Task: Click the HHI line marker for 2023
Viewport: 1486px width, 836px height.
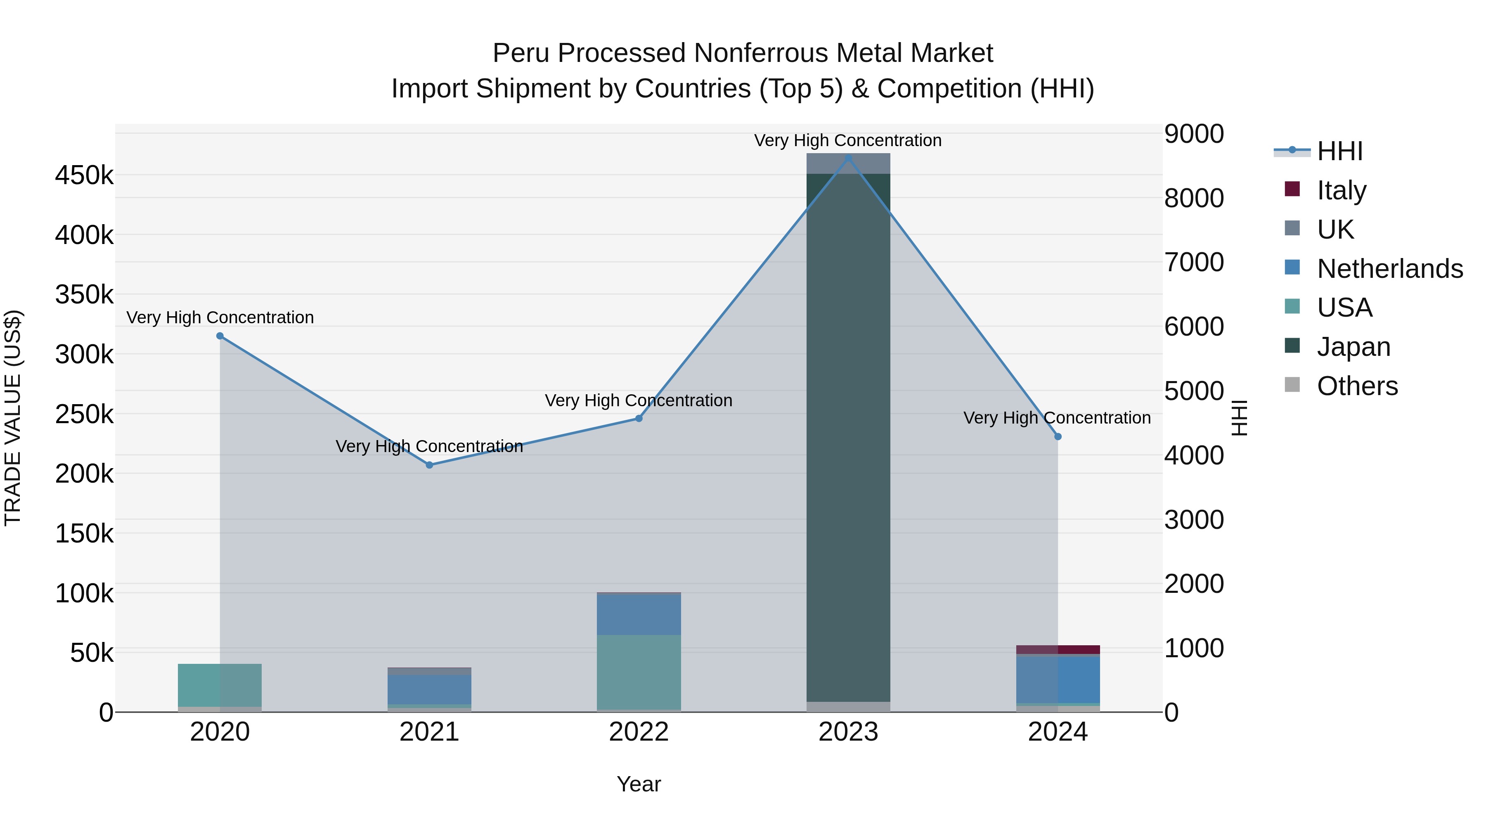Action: [x=848, y=158]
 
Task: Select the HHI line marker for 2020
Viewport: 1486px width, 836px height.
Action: [x=220, y=336]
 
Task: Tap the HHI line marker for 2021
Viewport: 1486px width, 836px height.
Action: [x=429, y=465]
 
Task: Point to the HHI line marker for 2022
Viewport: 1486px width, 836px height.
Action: [x=639, y=418]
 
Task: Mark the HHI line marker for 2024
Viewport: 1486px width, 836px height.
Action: [x=1058, y=437]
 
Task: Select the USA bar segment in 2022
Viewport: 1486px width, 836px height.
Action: [x=639, y=672]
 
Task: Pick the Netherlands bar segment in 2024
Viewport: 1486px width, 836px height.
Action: [x=1058, y=680]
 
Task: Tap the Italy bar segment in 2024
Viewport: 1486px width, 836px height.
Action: [x=1058, y=650]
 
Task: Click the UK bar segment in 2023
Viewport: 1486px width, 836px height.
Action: [x=848, y=163]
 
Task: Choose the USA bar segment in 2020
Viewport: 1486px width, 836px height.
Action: [x=220, y=685]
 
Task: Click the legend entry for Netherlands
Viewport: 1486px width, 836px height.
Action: [x=1390, y=269]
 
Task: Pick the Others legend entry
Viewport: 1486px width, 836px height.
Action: [x=1357, y=386]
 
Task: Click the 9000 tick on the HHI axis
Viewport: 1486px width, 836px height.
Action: [x=1193, y=134]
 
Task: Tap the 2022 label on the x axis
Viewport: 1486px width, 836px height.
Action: [x=639, y=732]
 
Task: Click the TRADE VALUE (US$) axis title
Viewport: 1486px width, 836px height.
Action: [x=13, y=418]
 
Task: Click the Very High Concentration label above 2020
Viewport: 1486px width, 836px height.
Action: [x=220, y=317]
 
